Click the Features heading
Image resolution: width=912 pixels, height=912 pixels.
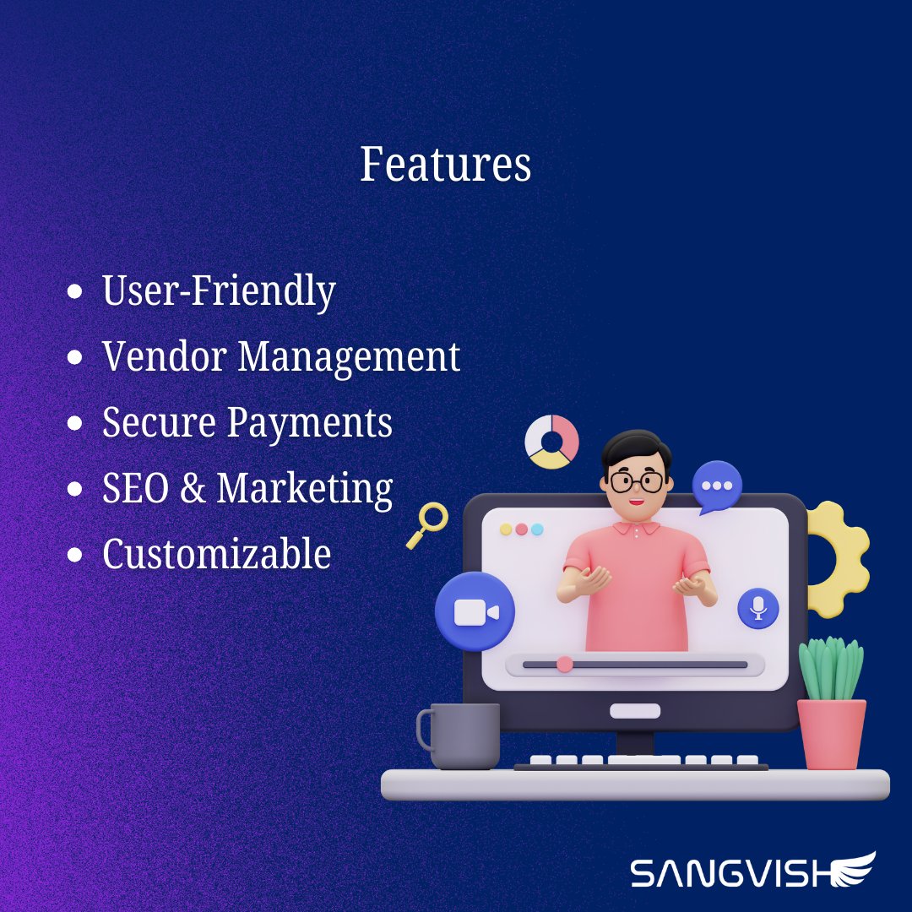(445, 164)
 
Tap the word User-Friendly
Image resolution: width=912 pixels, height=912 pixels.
(219, 291)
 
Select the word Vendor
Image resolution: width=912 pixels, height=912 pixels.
(165, 356)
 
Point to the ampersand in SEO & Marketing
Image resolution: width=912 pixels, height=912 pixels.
(193, 489)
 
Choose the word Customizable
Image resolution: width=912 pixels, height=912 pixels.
(216, 555)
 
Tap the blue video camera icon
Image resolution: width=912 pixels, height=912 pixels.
(475, 611)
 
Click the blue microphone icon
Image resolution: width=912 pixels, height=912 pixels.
(757, 608)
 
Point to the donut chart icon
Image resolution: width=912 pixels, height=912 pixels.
(551, 441)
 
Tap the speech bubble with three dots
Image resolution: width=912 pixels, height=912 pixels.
(717, 486)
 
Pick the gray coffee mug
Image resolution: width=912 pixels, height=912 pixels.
(460, 736)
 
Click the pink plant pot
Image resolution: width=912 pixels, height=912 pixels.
(832, 733)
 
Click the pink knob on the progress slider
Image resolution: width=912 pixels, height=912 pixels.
(565, 665)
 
